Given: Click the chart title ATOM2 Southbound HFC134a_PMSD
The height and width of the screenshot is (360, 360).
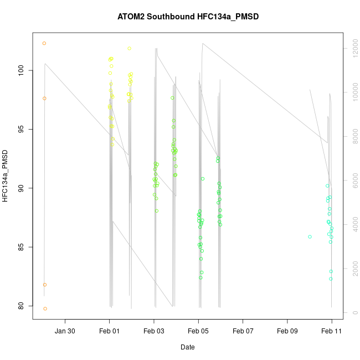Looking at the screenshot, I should coord(188,17).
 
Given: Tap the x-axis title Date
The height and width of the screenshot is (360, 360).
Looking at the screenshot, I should coord(187,347).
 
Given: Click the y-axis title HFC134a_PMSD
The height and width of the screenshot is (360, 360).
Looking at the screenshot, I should coord(5,175).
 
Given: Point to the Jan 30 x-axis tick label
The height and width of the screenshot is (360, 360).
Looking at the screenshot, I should coord(65,331).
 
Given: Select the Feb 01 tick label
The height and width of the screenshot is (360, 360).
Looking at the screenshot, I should coord(109,331).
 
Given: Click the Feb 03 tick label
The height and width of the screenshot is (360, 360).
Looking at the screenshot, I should coord(154,331).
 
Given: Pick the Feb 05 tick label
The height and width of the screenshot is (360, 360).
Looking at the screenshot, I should coord(198,331).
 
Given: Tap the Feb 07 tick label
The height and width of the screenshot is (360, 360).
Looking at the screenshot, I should coord(243,331).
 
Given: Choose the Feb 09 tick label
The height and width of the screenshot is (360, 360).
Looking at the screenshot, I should coord(287,331).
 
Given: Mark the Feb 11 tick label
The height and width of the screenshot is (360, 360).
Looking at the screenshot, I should coord(332,331).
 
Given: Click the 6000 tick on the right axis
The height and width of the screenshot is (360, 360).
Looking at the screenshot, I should coord(352,181).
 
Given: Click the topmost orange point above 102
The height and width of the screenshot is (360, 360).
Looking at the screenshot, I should coord(44,43).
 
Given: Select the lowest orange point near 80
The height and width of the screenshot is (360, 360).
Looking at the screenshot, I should coord(45,308).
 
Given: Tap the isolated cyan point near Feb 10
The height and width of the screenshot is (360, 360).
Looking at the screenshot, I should coord(310,236).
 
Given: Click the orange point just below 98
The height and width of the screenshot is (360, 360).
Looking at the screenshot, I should coord(44,98).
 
